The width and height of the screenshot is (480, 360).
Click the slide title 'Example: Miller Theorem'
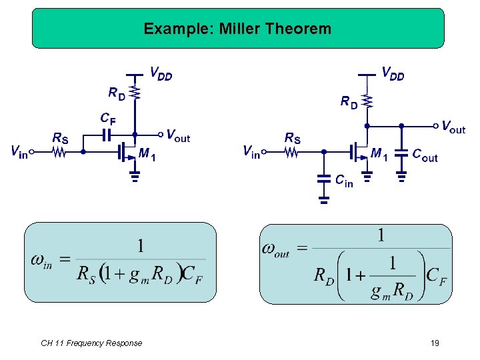pos(237,29)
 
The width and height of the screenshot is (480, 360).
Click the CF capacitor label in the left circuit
pos(107,119)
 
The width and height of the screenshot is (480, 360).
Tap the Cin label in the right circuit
pos(344,181)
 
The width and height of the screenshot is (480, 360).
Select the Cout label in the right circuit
pos(425,157)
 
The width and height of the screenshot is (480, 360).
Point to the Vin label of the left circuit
pos(19,153)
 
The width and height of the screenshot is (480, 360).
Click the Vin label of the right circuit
pos(251,152)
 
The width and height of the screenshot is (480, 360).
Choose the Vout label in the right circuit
pos(453,127)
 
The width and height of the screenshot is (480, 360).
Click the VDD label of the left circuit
pos(161,74)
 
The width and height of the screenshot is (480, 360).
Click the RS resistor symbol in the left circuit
pos(60,152)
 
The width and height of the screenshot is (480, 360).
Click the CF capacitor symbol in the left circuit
pos(107,134)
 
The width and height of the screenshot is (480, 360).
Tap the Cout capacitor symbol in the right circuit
pos(401,153)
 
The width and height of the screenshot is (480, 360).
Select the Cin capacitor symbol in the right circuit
pos(324,179)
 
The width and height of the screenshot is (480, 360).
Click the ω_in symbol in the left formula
pos(42,261)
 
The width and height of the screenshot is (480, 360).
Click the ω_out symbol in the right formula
pos(276,250)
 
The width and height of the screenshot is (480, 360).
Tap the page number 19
pos(435,343)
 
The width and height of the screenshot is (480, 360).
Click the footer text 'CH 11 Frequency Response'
pos(91,343)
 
